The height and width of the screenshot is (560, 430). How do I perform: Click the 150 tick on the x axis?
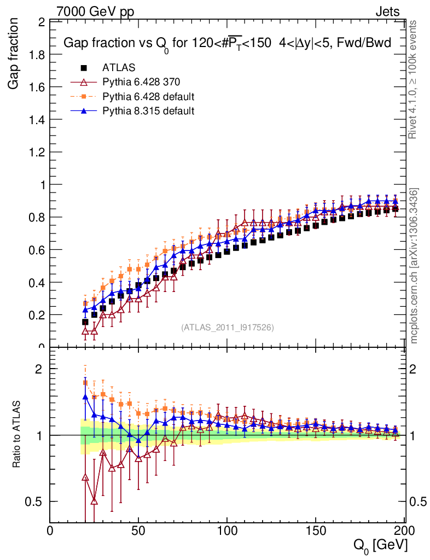[316, 530]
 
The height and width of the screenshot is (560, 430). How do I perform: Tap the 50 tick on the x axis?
[138, 530]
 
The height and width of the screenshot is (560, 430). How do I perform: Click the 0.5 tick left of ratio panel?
[36, 501]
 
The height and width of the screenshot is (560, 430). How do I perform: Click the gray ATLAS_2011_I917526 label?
[228, 327]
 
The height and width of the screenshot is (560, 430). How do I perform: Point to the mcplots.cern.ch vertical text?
[414, 266]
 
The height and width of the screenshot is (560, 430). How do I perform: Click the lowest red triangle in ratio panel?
[94, 501]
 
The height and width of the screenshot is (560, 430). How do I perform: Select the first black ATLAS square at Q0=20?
[85, 322]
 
